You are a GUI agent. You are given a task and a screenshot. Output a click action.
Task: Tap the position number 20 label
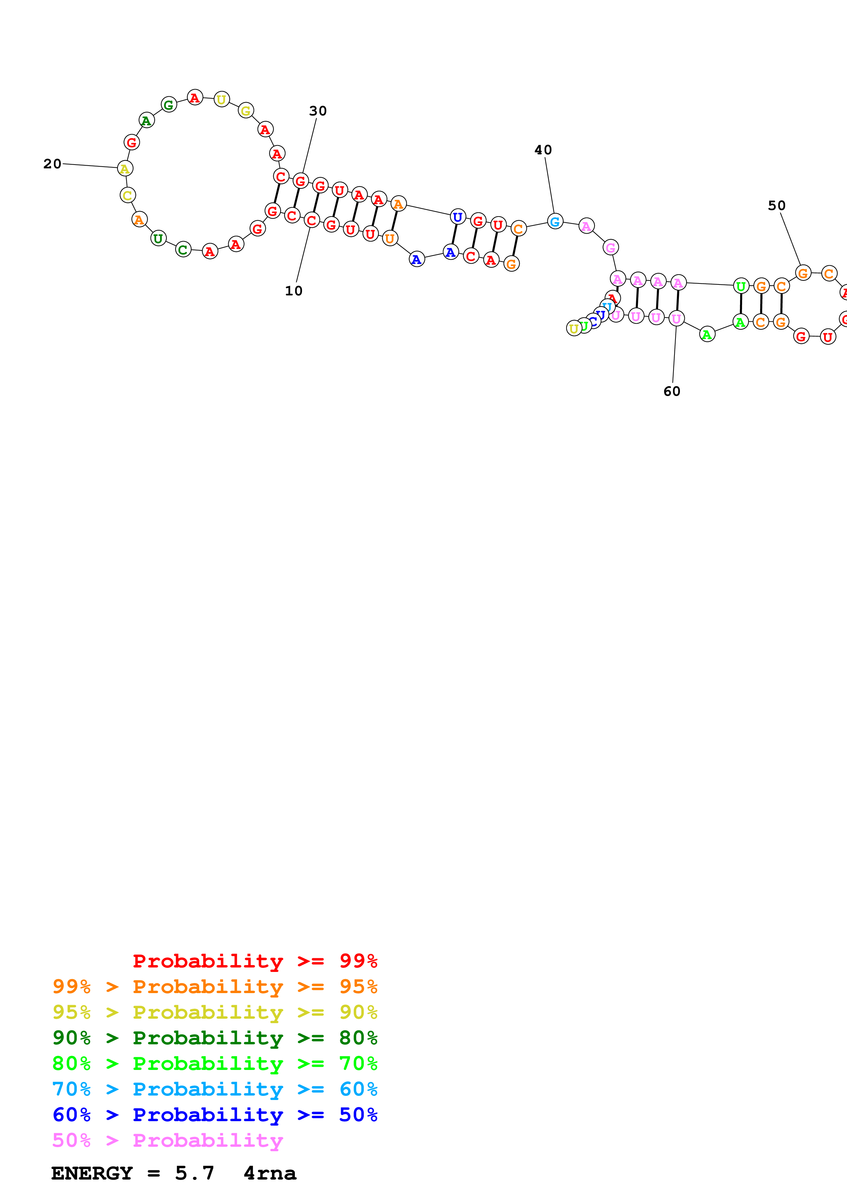click(52, 164)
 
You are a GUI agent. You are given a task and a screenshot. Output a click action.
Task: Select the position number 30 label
click(318, 111)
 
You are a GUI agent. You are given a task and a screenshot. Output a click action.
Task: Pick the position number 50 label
click(777, 206)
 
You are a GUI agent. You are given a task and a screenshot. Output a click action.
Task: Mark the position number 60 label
click(672, 391)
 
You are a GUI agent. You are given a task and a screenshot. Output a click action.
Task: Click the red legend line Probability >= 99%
click(255, 961)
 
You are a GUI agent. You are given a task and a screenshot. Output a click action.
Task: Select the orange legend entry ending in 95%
click(215, 987)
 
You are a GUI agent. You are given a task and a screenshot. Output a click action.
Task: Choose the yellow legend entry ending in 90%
click(215, 1012)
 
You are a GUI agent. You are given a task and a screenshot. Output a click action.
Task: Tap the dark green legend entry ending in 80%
click(215, 1038)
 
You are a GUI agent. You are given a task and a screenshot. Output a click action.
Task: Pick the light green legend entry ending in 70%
click(215, 1063)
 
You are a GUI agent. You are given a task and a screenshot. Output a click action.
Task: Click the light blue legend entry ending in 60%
click(215, 1089)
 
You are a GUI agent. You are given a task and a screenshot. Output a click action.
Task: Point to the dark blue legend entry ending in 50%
click(215, 1115)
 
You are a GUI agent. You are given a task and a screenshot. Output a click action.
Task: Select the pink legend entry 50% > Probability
click(167, 1140)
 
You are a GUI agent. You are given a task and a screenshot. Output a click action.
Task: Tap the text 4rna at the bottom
click(270, 1173)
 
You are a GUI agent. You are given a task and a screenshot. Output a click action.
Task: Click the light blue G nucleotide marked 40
click(555, 222)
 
